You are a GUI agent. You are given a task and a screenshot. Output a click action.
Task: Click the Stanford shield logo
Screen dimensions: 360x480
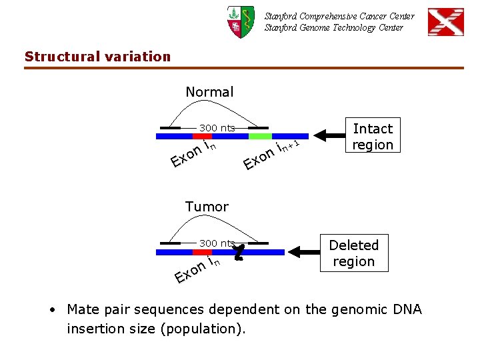click(x=240, y=21)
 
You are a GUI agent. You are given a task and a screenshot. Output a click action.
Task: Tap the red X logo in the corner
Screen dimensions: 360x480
click(x=445, y=22)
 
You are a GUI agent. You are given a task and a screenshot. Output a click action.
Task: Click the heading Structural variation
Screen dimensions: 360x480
click(x=98, y=57)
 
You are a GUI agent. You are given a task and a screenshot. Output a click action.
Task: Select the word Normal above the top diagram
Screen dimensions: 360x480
click(x=209, y=92)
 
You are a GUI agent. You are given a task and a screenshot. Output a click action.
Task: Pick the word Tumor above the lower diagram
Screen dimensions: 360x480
click(x=207, y=207)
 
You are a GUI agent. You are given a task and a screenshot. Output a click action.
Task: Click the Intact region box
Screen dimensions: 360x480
click(x=373, y=137)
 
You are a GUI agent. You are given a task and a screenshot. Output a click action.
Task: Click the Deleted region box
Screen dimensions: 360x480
click(x=353, y=253)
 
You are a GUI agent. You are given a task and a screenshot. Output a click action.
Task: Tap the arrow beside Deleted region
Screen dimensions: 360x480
click(x=303, y=253)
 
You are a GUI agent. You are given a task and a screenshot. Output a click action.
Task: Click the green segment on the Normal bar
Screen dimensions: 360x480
click(x=260, y=136)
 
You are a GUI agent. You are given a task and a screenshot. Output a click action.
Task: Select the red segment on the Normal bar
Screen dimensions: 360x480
click(x=203, y=136)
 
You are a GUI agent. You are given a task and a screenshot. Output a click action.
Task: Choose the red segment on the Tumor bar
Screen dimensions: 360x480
click(x=203, y=253)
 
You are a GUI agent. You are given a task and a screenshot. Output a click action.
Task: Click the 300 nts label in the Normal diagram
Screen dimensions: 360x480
click(x=217, y=127)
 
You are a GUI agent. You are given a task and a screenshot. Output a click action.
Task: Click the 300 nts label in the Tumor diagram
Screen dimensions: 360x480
click(x=217, y=243)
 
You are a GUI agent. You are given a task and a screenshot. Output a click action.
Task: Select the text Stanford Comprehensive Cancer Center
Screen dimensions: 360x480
click(x=339, y=16)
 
